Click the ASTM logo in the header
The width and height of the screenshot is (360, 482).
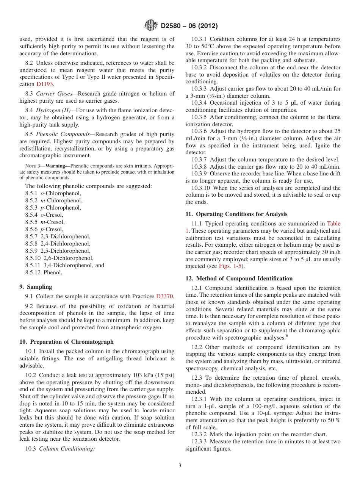pyautogui.click(x=151, y=26)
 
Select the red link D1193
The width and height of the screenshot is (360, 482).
pyautogui.click(x=45, y=85)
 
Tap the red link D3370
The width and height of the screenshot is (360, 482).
pyautogui.click(x=165, y=296)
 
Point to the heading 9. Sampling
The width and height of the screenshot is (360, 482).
pyautogui.click(x=36, y=287)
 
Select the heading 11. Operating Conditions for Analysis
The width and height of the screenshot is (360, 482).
pyautogui.click(x=236, y=214)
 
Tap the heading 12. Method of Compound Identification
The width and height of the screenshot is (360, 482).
pyautogui.click(x=239, y=279)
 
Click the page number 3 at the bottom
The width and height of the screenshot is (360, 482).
pyautogui.click(x=180, y=465)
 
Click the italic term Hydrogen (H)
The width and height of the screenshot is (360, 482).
pyautogui.click(x=53, y=110)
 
